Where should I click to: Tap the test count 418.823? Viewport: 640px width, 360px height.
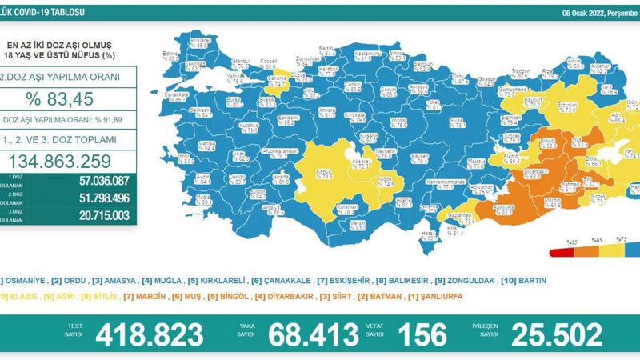149,334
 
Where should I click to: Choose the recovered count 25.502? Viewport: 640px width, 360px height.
560,334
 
